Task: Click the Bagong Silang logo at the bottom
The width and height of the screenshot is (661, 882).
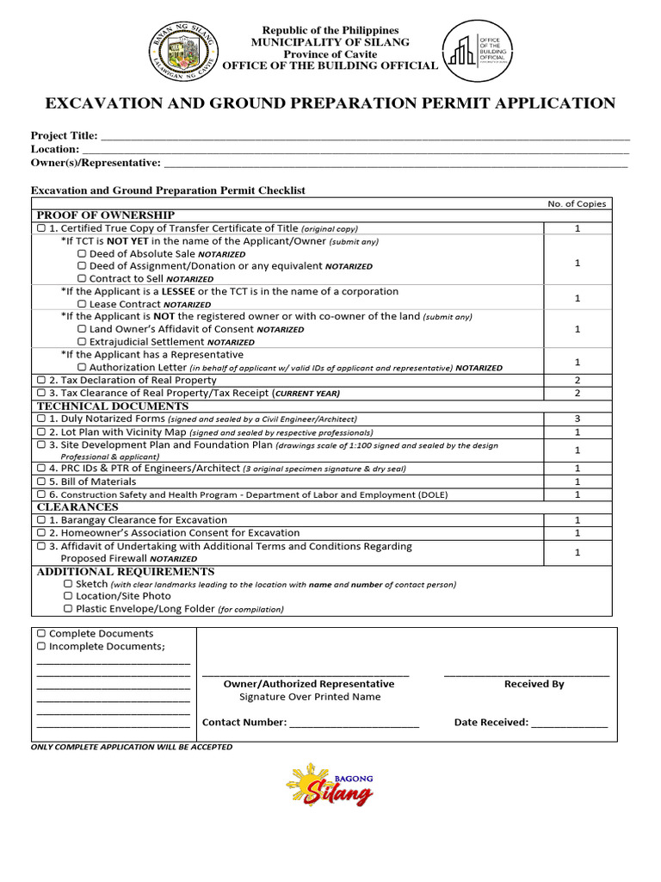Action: [x=330, y=784]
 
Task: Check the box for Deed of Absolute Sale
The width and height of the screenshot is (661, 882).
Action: [x=82, y=254]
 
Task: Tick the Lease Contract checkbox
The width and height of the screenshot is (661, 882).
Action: [x=82, y=304]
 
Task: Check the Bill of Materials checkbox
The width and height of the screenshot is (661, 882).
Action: [x=40, y=482]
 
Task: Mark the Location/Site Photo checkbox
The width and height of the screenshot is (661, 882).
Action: [x=68, y=596]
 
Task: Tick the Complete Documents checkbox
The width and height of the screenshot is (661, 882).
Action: [x=40, y=634]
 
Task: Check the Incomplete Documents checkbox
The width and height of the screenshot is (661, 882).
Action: [x=40, y=647]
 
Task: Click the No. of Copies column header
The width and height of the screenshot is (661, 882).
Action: [x=577, y=204]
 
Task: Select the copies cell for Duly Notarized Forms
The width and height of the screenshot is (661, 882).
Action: [x=578, y=419]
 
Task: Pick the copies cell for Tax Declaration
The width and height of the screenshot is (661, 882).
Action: [x=578, y=380]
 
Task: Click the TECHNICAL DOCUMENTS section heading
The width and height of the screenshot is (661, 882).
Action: [x=112, y=406]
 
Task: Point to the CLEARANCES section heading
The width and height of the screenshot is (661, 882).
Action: [x=77, y=507]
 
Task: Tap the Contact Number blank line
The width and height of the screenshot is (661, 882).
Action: [x=354, y=724]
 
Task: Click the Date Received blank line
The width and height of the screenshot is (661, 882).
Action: [x=569, y=724]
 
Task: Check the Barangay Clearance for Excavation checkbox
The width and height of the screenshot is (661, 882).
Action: [x=40, y=520]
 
